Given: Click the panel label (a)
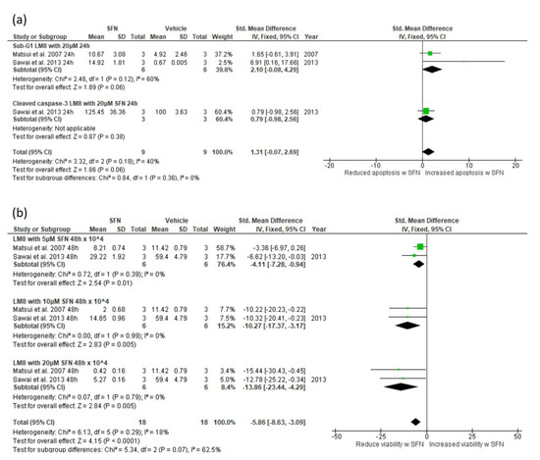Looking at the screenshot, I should pyautogui.click(x=17, y=12).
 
